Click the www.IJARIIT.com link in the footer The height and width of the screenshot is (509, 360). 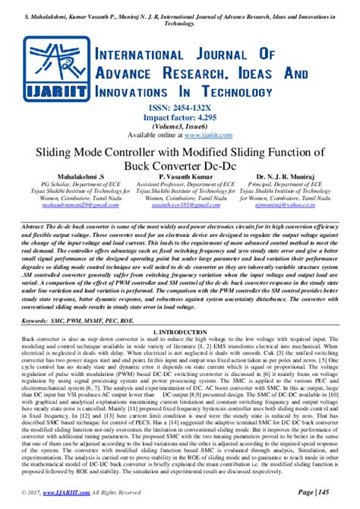68,493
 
